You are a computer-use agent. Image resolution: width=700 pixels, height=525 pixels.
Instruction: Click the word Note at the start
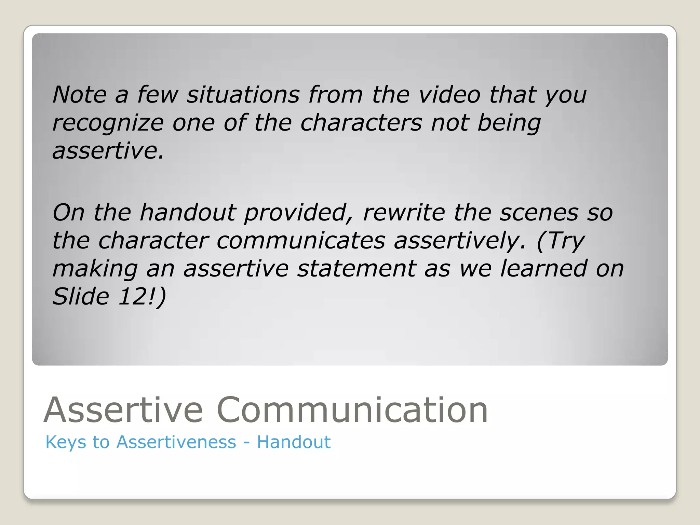pos(79,94)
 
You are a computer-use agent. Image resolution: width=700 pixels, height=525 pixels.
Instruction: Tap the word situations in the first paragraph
pos(243,94)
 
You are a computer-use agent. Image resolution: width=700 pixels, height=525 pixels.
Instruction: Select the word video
pos(450,94)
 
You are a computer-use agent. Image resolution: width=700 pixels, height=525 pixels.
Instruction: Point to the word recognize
pos(108,123)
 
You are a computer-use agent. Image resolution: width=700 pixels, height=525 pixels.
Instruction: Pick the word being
pos(509,123)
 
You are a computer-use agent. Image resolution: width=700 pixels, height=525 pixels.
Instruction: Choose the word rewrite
pos(404,213)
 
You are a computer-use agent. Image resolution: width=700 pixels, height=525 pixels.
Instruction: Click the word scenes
pos(539,213)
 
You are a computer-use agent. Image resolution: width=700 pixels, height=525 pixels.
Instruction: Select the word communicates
pos(301,241)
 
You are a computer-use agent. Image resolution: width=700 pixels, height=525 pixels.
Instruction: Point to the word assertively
pos(460,241)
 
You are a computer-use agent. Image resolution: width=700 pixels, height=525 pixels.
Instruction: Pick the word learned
pos(543,269)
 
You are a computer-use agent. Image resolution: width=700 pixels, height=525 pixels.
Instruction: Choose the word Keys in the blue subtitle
pos(66,442)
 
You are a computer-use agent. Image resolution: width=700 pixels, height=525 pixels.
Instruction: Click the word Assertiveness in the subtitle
pos(176,442)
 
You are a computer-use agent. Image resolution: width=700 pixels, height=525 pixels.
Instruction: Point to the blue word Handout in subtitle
pos(294,442)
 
